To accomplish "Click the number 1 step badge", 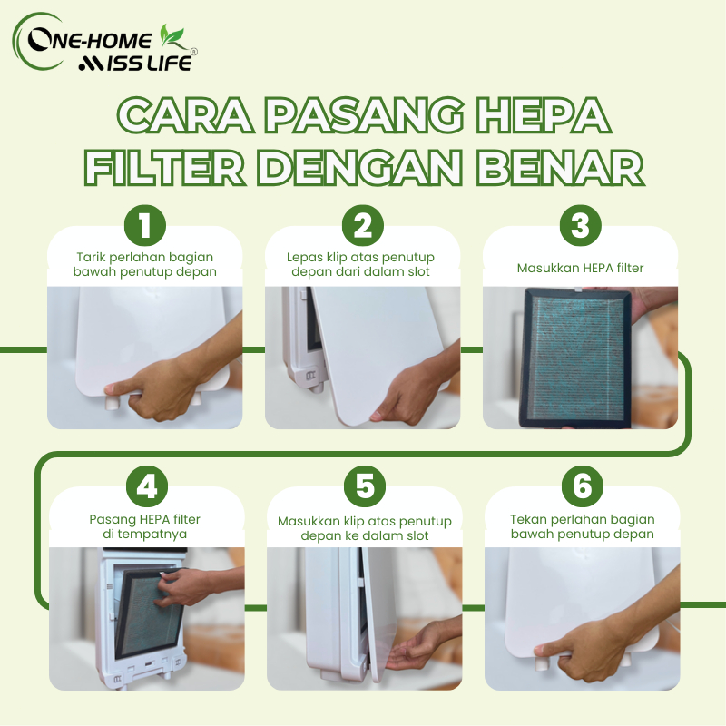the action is (145, 225).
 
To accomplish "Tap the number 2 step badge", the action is (362, 225).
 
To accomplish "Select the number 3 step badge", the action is (581, 225).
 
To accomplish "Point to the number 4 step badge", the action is (147, 486).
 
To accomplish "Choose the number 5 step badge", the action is (365, 486).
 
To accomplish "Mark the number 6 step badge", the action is (583, 486).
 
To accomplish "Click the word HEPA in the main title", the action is (544, 115).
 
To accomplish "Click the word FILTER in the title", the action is (165, 167).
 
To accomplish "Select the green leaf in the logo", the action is (172, 36).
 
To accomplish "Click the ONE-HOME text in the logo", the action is (89, 40).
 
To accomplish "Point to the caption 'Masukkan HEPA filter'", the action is (580, 268).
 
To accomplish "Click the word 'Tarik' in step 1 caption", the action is (92, 257).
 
